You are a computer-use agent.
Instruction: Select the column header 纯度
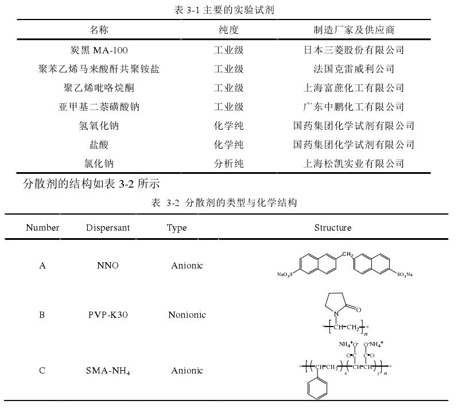click(228, 30)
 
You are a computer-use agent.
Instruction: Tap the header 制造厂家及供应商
click(354, 30)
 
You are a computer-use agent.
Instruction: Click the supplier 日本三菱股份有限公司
click(354, 50)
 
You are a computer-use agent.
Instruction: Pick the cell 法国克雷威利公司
click(354, 69)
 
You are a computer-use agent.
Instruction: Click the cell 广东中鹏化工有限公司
click(354, 107)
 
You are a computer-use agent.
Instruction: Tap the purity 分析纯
click(228, 164)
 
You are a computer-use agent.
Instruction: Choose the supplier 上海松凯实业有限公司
click(354, 164)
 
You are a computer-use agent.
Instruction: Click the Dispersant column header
click(108, 228)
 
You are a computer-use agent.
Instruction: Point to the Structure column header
click(333, 228)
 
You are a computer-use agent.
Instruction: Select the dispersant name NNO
click(108, 266)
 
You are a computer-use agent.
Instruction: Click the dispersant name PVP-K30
click(108, 314)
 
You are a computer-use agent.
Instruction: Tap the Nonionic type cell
click(187, 314)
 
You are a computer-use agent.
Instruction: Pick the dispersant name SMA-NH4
click(108, 371)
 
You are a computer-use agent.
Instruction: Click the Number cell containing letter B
click(42, 314)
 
